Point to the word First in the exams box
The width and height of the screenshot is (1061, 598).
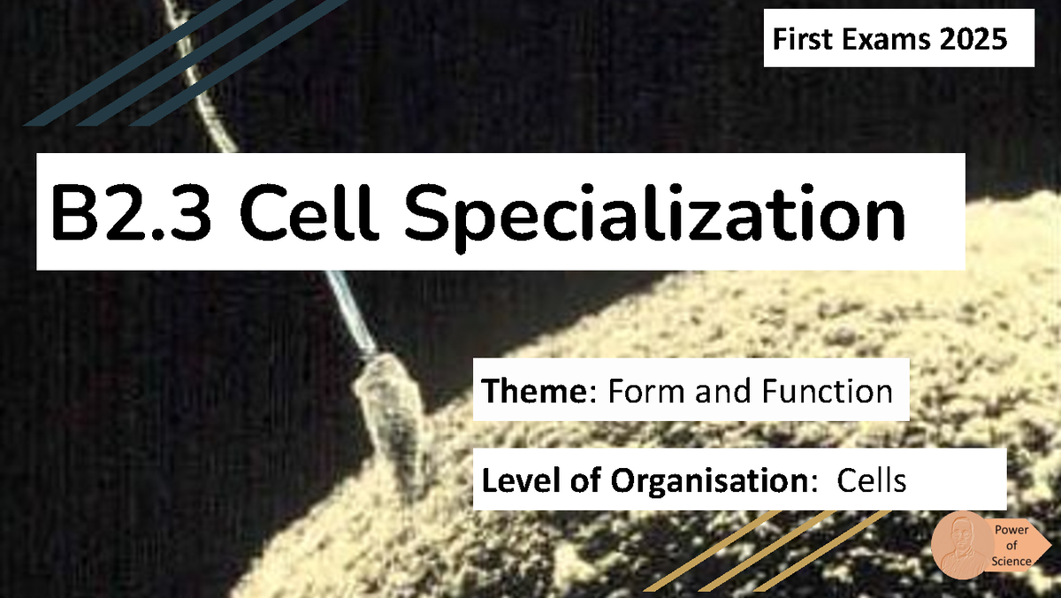pyautogui.click(x=799, y=40)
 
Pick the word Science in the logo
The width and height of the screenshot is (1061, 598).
pyautogui.click(x=1011, y=561)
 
